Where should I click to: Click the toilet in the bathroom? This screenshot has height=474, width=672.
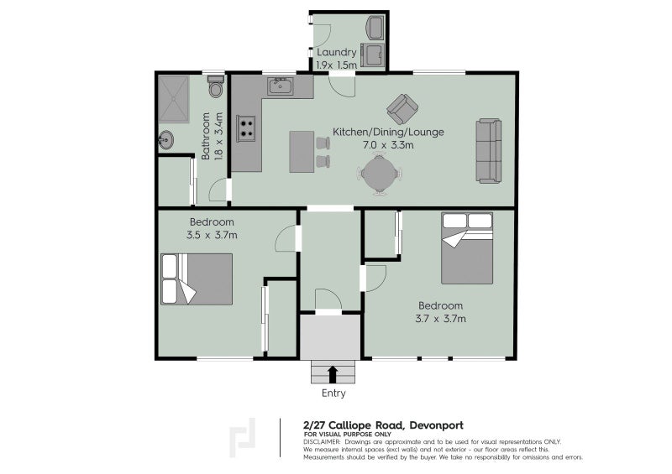215,88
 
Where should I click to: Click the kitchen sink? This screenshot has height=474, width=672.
280,86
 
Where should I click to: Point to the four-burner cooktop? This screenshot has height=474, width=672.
247,128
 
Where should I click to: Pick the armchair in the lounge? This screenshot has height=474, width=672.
402,108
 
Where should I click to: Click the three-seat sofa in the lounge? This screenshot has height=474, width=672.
488,151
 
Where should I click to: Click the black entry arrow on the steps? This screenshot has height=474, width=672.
333,372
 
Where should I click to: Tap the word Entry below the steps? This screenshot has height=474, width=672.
333,393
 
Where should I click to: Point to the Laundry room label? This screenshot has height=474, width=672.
337,53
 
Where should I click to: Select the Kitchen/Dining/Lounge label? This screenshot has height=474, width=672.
388,132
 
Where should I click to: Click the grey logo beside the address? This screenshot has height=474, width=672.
244,437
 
